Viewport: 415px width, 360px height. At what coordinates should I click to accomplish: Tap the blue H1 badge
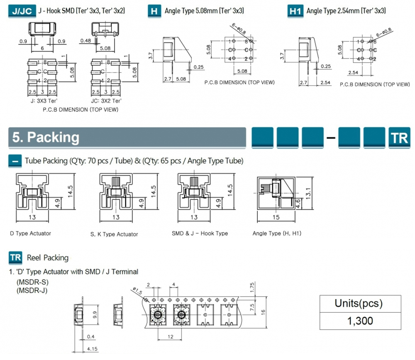point(295,11)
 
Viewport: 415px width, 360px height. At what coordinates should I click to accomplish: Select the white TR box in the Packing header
point(399,138)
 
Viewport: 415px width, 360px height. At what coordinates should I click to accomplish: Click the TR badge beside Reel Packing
point(15,258)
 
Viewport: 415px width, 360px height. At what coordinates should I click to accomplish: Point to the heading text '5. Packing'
point(46,137)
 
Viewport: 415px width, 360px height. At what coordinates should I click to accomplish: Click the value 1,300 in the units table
point(360,320)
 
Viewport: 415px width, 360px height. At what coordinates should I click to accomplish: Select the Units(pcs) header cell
point(360,303)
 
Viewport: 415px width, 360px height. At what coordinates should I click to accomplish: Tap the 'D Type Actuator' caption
point(30,234)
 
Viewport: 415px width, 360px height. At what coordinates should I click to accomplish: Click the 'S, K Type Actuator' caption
point(114,234)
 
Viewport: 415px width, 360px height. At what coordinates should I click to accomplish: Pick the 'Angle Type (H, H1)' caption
point(277,234)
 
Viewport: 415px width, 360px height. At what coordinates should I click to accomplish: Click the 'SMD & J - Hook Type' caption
point(200,234)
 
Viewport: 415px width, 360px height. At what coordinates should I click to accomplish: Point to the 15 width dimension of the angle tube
point(276,217)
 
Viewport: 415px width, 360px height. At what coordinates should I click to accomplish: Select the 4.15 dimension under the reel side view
point(92,349)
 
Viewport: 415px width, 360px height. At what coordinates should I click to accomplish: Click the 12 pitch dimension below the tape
point(171,337)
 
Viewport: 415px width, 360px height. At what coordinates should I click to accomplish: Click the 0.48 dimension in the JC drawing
point(85,41)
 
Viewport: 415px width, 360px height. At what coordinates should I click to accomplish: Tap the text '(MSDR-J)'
point(32,290)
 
